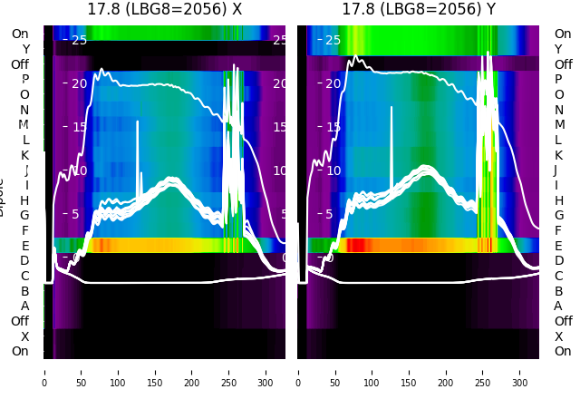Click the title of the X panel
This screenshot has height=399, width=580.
[164, 10]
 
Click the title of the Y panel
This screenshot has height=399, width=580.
[419, 10]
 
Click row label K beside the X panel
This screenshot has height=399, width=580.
[25, 155]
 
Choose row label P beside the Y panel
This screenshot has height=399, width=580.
[558, 80]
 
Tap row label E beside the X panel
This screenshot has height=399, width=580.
[25, 246]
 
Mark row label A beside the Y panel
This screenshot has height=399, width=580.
[558, 306]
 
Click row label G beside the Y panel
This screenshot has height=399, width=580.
[558, 215]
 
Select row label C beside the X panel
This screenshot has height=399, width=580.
[25, 276]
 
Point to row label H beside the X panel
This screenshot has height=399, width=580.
[25, 200]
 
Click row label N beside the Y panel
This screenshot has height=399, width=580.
[558, 110]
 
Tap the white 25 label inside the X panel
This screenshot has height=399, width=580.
[78, 40]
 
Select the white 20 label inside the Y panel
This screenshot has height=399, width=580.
[332, 83]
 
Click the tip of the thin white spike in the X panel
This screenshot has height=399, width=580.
[138, 122]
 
